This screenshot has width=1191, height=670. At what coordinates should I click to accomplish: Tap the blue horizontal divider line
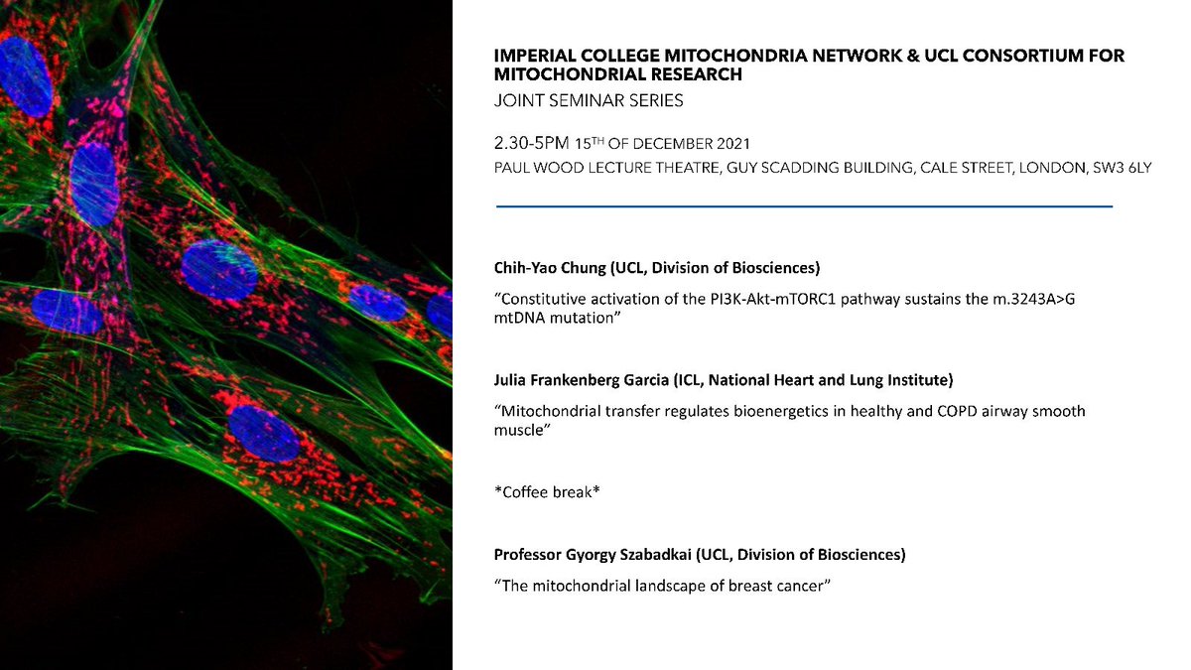804,205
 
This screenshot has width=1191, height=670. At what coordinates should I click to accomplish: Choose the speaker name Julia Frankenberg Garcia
581,382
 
